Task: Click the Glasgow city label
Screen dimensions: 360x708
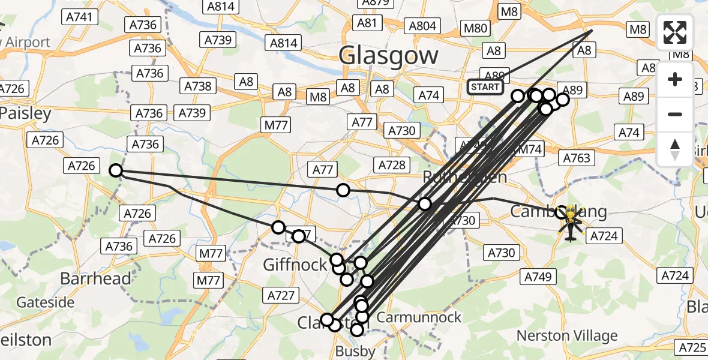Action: [388, 56]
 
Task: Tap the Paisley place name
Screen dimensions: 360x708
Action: [26, 113]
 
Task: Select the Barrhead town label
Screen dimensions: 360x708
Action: [96, 278]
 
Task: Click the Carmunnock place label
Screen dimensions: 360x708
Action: [420, 317]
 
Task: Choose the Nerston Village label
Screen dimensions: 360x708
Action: [567, 335]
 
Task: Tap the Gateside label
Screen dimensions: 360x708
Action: [45, 302]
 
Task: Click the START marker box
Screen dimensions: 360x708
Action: [485, 87]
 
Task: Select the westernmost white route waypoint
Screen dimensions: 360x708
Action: [116, 171]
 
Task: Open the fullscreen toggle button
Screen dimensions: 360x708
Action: [675, 32]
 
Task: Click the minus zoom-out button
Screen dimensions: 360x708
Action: [675, 114]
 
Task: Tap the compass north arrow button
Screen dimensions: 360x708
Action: [675, 149]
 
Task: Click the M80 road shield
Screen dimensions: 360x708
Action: [476, 28]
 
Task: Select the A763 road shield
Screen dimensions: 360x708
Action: [577, 158]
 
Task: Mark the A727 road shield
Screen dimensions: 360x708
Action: [280, 295]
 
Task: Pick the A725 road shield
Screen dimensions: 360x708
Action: [692, 347]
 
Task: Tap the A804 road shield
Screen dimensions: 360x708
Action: [423, 26]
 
